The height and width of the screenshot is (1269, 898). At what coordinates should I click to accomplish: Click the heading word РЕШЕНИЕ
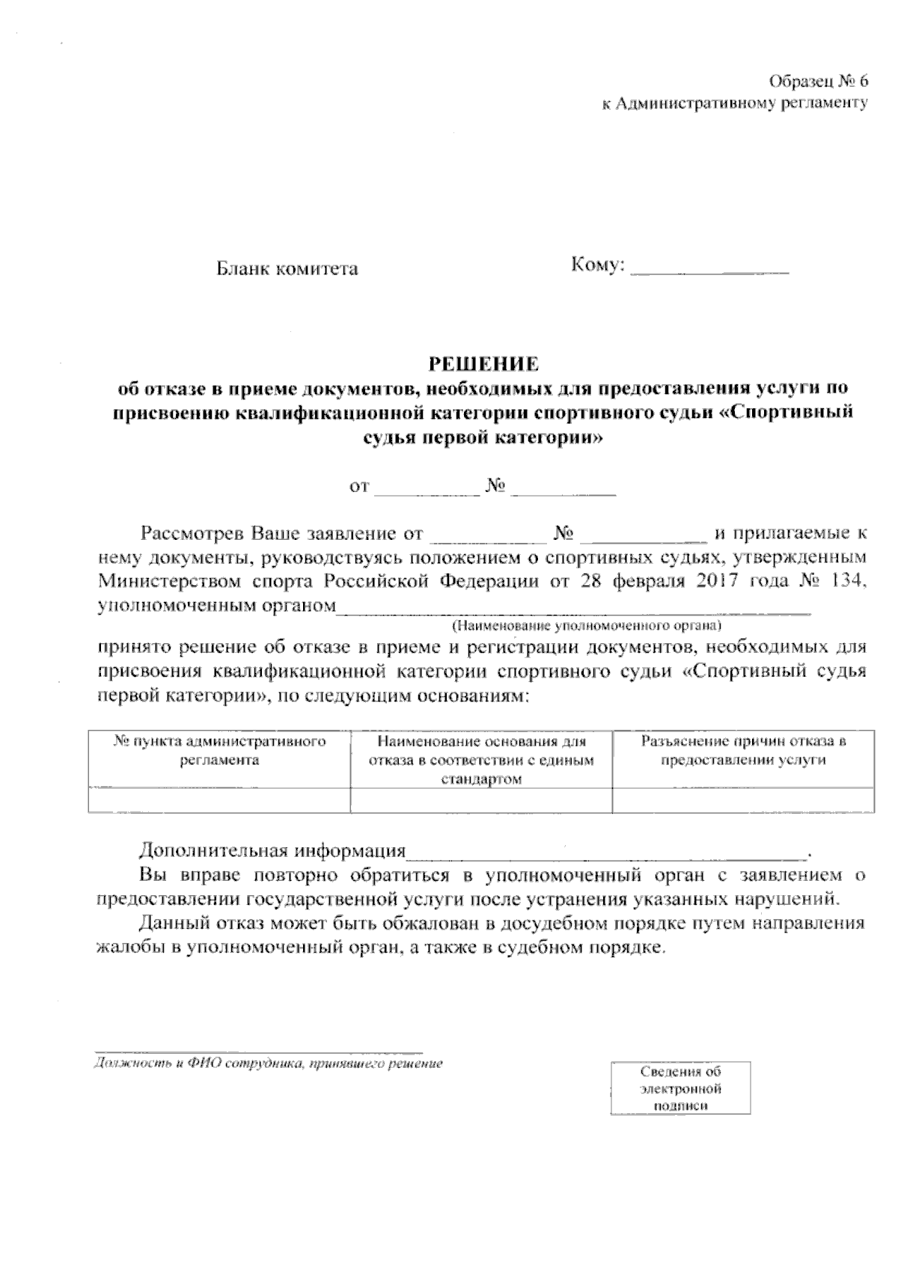(483, 364)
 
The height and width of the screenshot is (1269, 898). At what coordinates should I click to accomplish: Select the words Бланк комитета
(287, 268)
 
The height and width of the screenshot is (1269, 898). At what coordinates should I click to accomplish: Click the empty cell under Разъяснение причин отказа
(743, 800)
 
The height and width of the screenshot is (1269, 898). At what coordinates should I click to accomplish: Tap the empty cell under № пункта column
(219, 800)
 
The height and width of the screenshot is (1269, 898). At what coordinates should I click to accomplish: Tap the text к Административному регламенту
(735, 104)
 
